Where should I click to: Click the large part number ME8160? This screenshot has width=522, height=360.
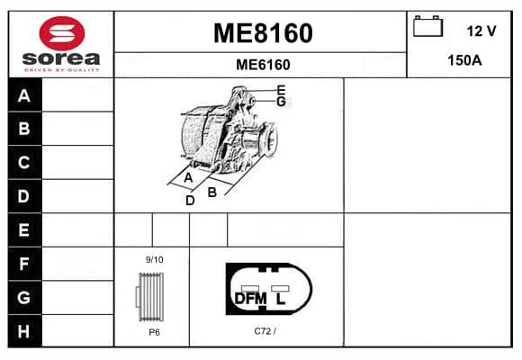click(263, 33)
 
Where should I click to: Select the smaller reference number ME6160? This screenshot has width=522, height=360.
click(263, 65)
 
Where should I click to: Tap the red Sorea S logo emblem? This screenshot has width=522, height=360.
click(62, 33)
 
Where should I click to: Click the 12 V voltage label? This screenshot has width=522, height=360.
click(481, 31)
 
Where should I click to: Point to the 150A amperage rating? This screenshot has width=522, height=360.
click(464, 60)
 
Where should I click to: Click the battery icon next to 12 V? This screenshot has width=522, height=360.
click(427, 26)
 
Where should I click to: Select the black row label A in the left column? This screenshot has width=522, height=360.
click(24, 96)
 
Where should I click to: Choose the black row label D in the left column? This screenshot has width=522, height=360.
click(23, 196)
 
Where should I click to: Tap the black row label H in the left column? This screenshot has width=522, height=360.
click(23, 331)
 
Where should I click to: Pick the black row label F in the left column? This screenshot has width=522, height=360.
click(23, 264)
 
